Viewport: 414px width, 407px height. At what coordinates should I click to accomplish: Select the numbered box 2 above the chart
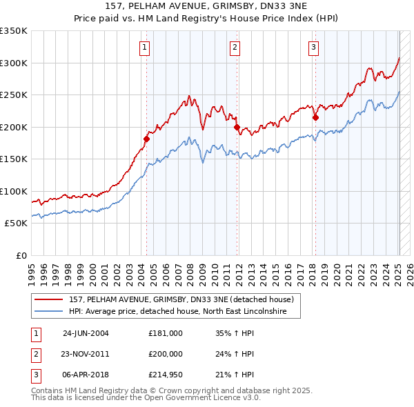235,48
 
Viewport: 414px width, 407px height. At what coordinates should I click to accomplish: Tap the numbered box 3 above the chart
313,48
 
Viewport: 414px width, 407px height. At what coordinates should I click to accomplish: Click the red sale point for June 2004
146,139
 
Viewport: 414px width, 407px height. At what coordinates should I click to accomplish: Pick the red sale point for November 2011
237,127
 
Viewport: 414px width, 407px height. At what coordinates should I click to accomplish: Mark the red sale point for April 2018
315,117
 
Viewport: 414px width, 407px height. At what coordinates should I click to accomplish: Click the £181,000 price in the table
165,333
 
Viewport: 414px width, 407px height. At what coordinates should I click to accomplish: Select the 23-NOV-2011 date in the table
86,354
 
